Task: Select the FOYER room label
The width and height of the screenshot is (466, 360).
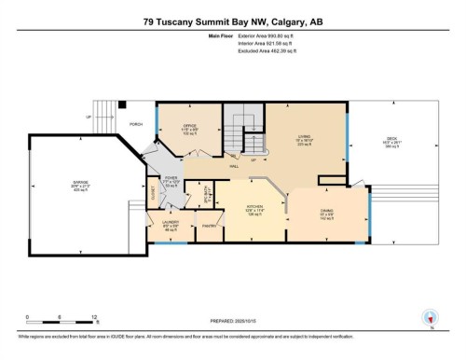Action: (x=171, y=178)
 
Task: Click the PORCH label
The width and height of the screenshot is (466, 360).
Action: (x=136, y=123)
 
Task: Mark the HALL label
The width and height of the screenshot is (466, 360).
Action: (x=233, y=165)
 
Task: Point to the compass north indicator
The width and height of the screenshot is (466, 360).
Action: (x=431, y=318)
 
